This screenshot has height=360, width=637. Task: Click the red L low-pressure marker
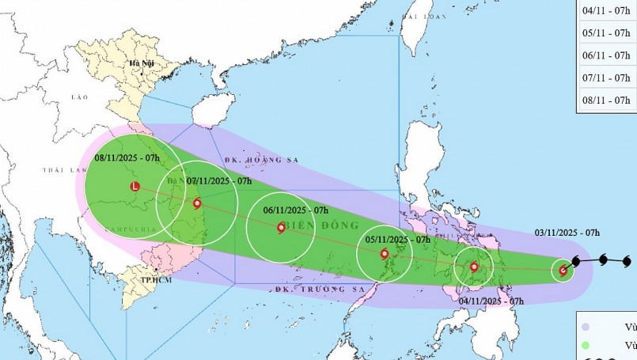pyautogui.click(x=135, y=187)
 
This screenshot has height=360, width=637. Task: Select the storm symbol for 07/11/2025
pyautogui.click(x=197, y=203)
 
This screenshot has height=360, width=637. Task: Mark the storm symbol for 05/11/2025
pyautogui.click(x=385, y=254)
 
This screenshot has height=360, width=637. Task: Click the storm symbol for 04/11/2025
pyautogui.click(x=475, y=267)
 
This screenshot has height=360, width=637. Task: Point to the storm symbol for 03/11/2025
pyautogui.click(x=563, y=271)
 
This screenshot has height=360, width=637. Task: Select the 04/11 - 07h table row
pyautogui.click(x=605, y=11)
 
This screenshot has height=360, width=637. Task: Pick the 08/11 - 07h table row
pyautogui.click(x=605, y=100)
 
